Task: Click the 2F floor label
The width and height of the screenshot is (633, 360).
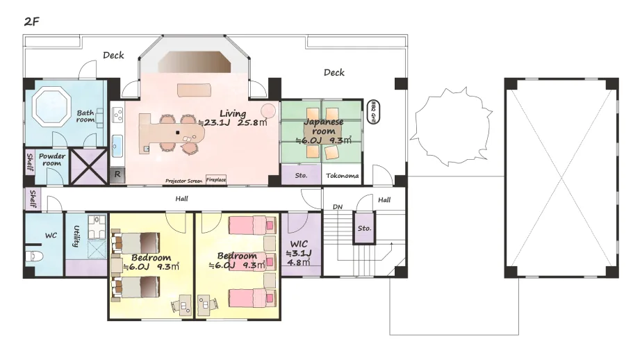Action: [31, 21]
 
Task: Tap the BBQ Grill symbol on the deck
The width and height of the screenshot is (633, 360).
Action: [373, 112]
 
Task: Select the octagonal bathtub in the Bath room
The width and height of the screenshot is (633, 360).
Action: [51, 107]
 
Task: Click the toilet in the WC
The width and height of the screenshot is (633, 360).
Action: [33, 256]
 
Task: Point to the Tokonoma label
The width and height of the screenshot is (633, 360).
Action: [342, 176]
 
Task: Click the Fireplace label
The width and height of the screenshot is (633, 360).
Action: [216, 179]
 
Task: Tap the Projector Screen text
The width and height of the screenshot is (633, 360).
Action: [183, 181]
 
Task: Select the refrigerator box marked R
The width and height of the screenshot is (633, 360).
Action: [117, 174]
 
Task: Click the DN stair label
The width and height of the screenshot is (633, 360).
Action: [338, 206]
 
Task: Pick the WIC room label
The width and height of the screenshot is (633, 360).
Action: [299, 244]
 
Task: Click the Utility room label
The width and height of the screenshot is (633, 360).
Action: [76, 236]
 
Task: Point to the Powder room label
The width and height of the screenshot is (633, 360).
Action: [52, 159]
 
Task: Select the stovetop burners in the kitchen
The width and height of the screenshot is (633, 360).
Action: [117, 115]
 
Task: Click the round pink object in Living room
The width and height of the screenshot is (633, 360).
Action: [268, 111]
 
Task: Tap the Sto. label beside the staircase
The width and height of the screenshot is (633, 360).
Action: [364, 228]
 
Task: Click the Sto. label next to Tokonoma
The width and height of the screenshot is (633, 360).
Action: [301, 176]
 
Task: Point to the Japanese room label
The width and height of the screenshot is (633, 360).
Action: [323, 126]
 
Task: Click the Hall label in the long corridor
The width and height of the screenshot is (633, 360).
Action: [181, 199]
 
